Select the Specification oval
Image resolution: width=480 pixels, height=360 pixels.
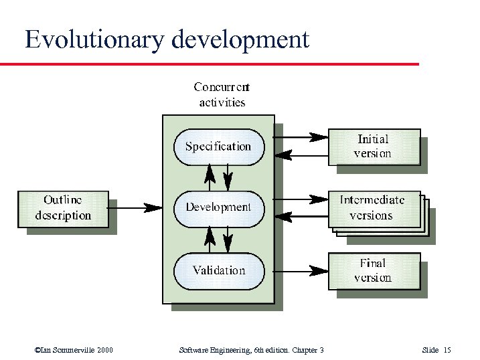[x=218, y=147]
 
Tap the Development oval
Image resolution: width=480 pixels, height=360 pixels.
[x=218, y=207]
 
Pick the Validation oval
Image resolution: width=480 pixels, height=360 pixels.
[x=218, y=270]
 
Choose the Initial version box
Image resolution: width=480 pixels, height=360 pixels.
[x=374, y=147]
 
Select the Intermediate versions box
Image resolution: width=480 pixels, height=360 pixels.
[x=374, y=208]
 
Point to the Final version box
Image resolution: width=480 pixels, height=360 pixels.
[x=374, y=270]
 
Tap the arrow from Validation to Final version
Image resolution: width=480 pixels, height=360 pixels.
[x=301, y=270]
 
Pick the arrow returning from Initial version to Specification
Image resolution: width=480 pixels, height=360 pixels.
[x=301, y=155]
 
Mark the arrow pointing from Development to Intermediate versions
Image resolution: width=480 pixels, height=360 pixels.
[x=301, y=199]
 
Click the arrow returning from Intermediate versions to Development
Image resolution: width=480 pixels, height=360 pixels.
[x=301, y=216]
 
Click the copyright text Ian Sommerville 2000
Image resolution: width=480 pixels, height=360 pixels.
[x=74, y=350]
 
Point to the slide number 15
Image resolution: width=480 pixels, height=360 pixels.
[x=447, y=350]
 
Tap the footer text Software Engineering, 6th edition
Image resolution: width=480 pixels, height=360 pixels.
[x=234, y=350]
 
